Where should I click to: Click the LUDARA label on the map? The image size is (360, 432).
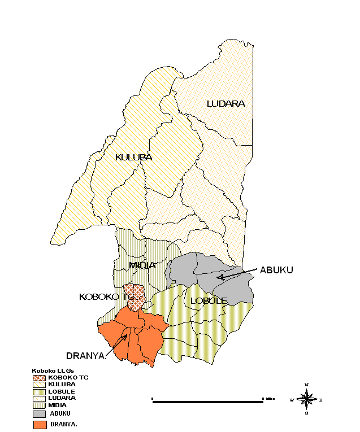(225, 103)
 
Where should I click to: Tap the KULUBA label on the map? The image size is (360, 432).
(133, 157)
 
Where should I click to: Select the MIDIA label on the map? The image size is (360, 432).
(142, 265)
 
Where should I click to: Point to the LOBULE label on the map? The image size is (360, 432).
(209, 300)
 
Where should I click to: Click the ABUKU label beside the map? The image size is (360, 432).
(276, 270)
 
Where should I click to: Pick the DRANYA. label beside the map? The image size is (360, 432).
(86, 356)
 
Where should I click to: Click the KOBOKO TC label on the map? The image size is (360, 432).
(106, 296)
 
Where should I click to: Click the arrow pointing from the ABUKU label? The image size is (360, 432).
(237, 274)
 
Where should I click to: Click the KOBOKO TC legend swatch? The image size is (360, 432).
(40, 377)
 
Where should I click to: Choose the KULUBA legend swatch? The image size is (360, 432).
(40, 384)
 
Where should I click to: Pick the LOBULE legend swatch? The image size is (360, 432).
(40, 391)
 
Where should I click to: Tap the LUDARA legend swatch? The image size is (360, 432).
(40, 398)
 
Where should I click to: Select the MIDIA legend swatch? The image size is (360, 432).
(40, 404)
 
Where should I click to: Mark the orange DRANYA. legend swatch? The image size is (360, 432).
(40, 424)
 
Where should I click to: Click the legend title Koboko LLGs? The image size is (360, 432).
(54, 370)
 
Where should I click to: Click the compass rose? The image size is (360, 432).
(306, 399)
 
